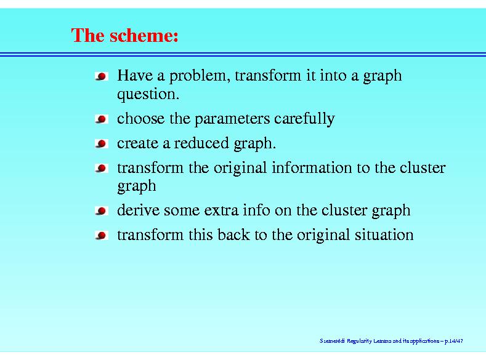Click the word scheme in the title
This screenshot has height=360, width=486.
click(x=144, y=35)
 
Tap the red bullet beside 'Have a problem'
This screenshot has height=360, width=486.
click(x=102, y=76)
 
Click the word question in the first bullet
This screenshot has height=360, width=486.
click(x=148, y=94)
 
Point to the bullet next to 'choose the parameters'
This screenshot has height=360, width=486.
click(x=102, y=119)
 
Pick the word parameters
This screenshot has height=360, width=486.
click(x=232, y=119)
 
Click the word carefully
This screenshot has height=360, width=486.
click(x=305, y=119)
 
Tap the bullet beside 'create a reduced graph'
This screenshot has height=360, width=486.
click(x=102, y=143)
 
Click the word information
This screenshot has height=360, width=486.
click(x=312, y=167)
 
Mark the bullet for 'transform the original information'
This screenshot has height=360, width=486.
click(x=102, y=168)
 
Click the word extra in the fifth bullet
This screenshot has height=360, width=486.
click(x=221, y=211)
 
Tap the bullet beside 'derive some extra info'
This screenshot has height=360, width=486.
click(x=102, y=211)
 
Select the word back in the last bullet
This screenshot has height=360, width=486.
click(x=233, y=234)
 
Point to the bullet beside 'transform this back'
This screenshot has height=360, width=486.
click(x=102, y=235)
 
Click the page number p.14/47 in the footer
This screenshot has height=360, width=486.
click(x=454, y=341)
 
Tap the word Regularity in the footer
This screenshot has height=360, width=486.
click(x=359, y=341)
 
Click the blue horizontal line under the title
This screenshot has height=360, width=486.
click(x=243, y=55)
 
